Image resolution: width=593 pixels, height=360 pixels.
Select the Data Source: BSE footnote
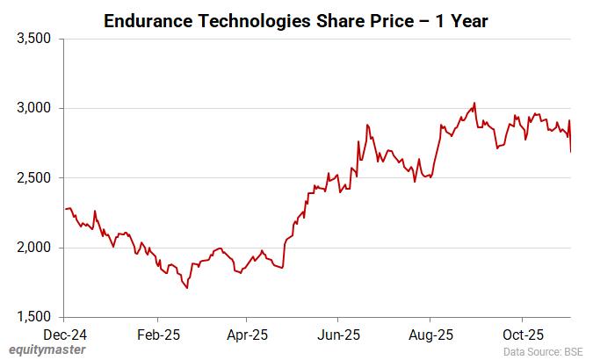[x=542, y=350]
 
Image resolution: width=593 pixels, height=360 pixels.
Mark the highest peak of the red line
[x=474, y=103]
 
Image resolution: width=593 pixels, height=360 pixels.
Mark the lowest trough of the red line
[x=187, y=288]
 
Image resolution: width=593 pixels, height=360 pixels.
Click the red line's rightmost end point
[x=570, y=152]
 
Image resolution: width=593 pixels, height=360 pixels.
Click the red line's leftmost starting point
[x=66, y=209]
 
